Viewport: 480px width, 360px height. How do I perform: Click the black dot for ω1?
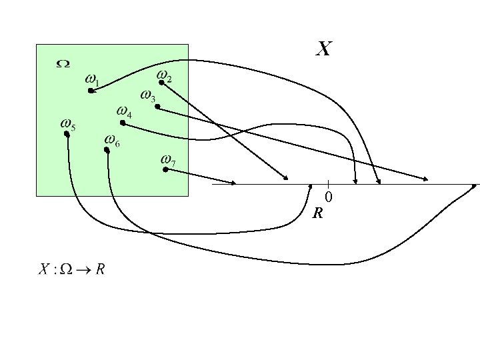(91, 91)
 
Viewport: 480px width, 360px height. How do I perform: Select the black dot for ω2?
(161, 83)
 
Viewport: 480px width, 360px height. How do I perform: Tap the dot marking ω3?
(157, 107)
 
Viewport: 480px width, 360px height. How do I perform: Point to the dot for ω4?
(123, 123)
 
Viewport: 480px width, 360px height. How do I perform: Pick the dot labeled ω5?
(67, 133)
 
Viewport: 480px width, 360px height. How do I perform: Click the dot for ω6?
(107, 150)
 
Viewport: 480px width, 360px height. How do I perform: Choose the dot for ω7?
(165, 169)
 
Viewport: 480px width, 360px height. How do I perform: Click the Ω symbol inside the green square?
(63, 64)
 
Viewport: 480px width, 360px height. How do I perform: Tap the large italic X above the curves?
(324, 49)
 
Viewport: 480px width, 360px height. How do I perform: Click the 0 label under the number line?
(329, 197)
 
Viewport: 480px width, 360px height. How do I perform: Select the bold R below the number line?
(318, 213)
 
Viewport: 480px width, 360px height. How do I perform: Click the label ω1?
(93, 80)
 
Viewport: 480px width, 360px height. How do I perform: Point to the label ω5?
(68, 125)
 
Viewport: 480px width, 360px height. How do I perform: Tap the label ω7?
(168, 160)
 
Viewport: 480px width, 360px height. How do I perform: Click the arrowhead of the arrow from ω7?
(233, 183)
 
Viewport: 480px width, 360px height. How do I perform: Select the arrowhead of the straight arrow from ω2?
(285, 177)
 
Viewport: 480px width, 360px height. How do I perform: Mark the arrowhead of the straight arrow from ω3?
(425, 179)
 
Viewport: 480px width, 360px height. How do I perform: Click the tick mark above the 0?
(328, 184)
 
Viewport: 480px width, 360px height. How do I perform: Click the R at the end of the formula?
(101, 269)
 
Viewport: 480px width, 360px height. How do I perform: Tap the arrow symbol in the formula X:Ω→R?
(83, 270)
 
